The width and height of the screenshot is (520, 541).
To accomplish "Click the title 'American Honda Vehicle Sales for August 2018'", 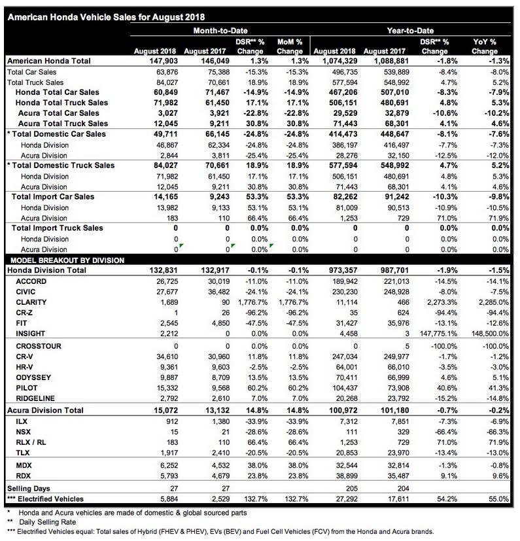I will (x=104, y=17).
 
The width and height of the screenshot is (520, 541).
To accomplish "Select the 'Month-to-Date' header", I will (x=221, y=31).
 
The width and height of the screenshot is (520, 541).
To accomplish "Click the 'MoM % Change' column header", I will (x=290, y=46).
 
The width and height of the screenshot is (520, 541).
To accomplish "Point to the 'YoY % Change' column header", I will (x=485, y=46).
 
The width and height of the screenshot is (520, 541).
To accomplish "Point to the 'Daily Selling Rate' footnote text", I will (x=46, y=521).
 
